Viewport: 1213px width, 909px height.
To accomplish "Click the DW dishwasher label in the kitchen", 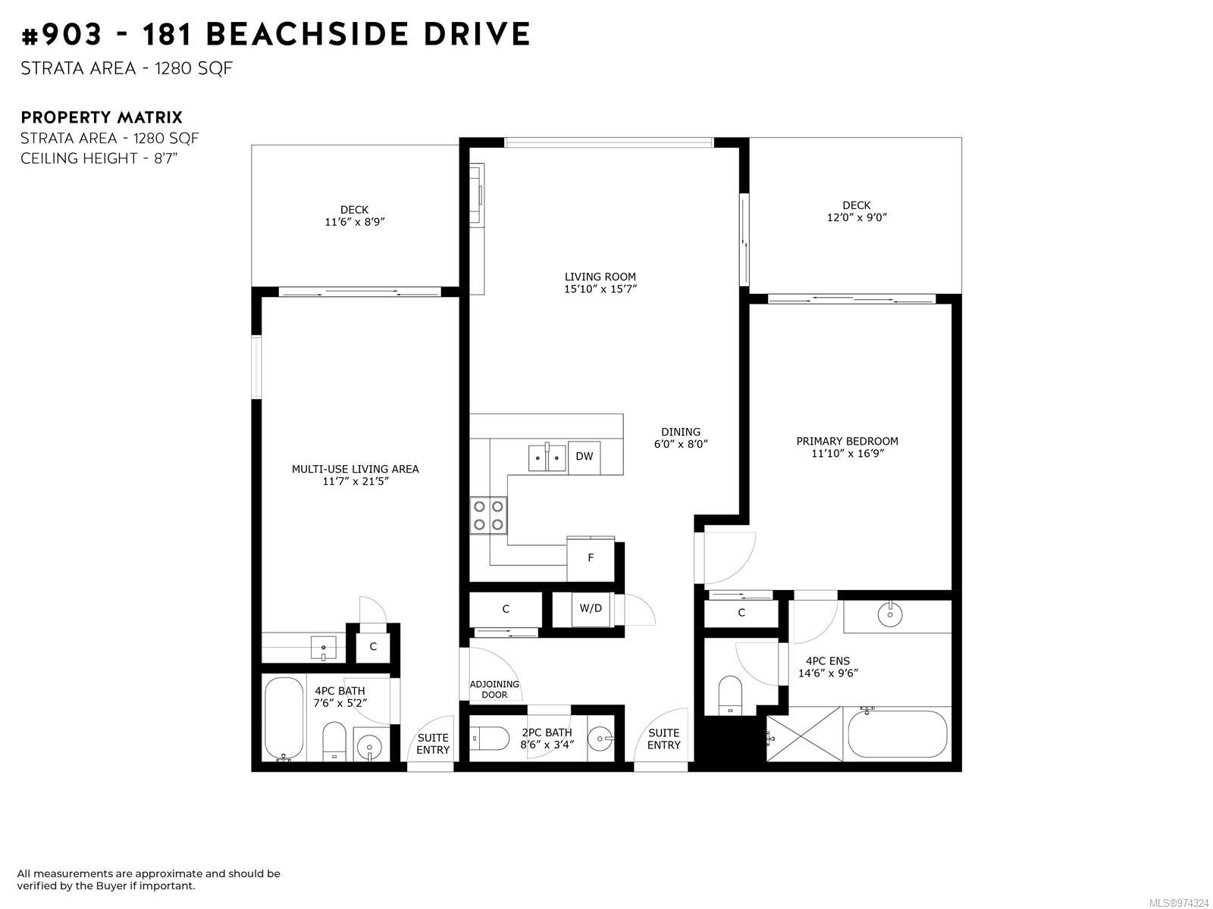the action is [x=584, y=457].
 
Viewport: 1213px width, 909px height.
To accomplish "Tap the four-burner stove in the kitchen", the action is [x=488, y=515].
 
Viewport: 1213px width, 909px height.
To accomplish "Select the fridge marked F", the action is [x=590, y=558].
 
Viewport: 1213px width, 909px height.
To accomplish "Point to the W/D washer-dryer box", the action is [x=590, y=608].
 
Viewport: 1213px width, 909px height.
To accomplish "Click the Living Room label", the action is [x=600, y=276].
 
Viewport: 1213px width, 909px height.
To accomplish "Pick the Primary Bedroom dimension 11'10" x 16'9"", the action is [x=847, y=453].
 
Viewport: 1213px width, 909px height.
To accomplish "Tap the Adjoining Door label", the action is [x=494, y=689].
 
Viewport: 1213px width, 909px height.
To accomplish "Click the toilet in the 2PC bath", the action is [x=490, y=739].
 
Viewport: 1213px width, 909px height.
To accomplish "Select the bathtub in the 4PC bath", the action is [x=284, y=719].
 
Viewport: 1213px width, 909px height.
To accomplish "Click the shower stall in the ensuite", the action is [x=804, y=734].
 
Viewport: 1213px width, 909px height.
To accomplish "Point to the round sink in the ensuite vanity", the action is [x=890, y=614].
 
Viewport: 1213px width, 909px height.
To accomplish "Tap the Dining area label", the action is [x=680, y=432].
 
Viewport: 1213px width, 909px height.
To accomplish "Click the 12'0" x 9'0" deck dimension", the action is [x=857, y=217].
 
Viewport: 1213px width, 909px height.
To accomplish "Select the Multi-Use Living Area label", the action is [x=356, y=469].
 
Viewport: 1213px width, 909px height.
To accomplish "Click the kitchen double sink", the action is [x=547, y=457].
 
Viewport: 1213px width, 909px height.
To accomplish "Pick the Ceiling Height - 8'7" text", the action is [x=99, y=158].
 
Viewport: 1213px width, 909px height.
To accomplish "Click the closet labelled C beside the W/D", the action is [x=505, y=609].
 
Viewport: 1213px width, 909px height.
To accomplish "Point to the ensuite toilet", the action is [x=729, y=695].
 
